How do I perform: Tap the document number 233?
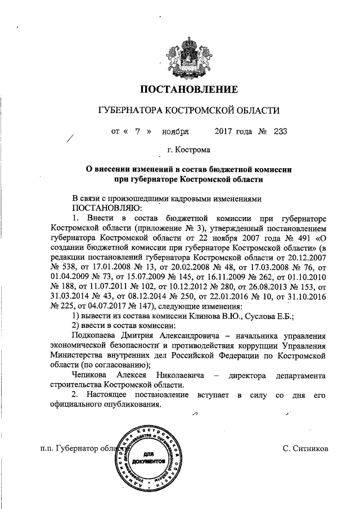280,132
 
